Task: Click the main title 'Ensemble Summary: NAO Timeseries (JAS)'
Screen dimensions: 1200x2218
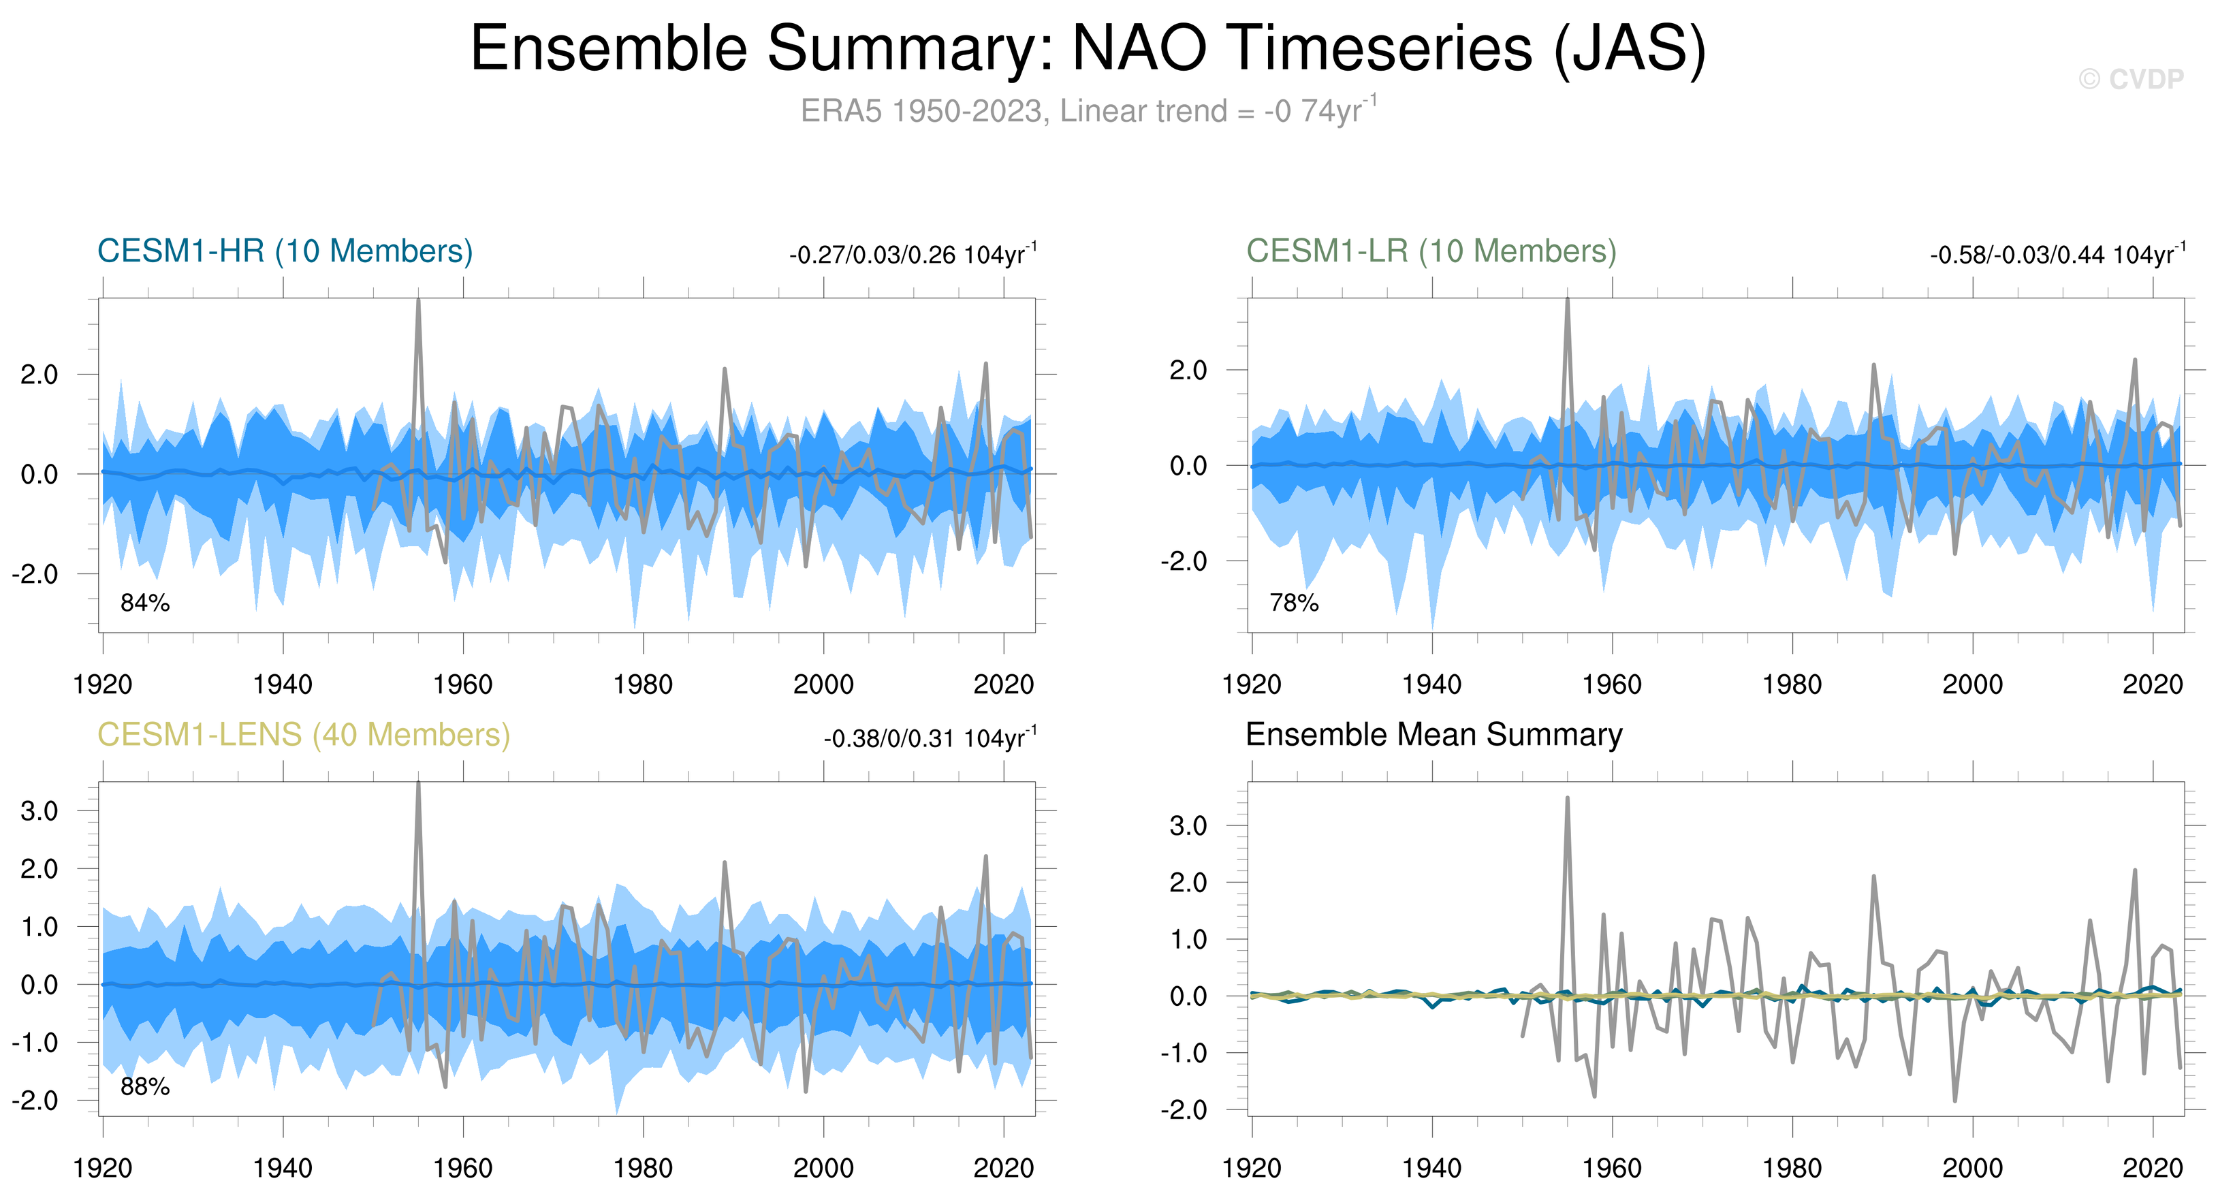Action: (1088, 48)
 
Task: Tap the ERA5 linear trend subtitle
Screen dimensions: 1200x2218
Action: (1088, 111)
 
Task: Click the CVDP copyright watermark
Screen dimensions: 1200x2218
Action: (2130, 79)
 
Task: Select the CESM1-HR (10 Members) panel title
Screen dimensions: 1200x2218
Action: (285, 251)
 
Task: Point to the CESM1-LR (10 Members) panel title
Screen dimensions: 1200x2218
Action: (1431, 251)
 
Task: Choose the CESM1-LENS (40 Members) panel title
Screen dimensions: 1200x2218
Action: (303, 735)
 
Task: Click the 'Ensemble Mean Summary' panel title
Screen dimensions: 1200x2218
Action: (1433, 735)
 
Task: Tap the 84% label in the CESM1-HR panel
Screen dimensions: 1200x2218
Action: (144, 603)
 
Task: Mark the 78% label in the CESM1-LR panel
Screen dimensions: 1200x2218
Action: (1293, 603)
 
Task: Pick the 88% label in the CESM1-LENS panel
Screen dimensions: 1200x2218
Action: (144, 1086)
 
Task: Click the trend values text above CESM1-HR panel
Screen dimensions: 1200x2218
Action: (913, 255)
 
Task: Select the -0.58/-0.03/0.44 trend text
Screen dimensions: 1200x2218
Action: (2057, 255)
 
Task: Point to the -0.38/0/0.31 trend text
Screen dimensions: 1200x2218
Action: (930, 739)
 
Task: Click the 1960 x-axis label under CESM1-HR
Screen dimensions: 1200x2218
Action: (463, 684)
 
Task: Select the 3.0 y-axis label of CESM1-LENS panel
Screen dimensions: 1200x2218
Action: (39, 811)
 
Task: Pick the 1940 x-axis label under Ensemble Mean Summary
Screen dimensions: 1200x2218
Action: (1432, 1168)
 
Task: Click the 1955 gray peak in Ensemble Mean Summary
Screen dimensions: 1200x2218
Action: (1567, 799)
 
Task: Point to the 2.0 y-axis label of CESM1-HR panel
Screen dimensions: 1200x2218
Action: (39, 375)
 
